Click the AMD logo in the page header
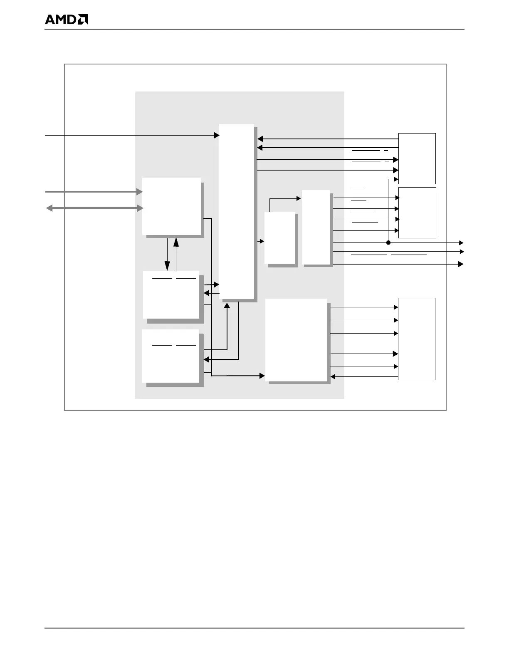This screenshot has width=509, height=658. (66, 20)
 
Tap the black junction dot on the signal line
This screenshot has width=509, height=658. (388, 242)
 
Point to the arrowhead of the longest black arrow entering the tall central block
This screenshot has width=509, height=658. (217, 135)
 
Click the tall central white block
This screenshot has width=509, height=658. (237, 212)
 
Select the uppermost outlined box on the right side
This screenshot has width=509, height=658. (417, 158)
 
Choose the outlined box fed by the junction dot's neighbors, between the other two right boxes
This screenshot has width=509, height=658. (417, 213)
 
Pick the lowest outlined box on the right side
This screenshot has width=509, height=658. (416, 339)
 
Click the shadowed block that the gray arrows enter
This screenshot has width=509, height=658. (172, 206)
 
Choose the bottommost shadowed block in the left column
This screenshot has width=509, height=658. (171, 356)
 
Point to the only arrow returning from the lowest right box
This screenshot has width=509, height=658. (364, 377)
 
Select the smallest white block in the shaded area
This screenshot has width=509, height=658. (280, 237)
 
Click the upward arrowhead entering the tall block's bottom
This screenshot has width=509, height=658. (227, 306)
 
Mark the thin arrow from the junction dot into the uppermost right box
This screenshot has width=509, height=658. (393, 180)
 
